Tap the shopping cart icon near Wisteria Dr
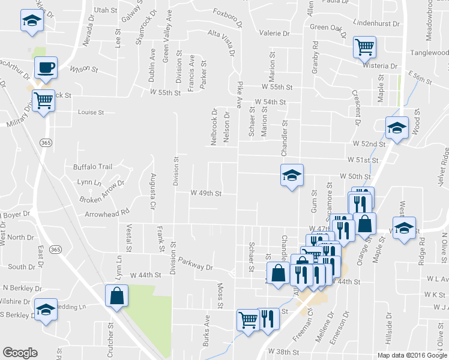tap(364, 47)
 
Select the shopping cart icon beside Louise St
tap(43, 100)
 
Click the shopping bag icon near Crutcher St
tap(116, 295)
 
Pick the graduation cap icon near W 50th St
tap(292, 175)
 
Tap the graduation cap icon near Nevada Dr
tap(30, 20)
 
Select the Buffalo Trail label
tap(93, 167)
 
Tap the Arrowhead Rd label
tap(107, 213)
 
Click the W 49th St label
tap(206, 193)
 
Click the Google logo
tap(20, 353)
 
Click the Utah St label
tap(105, 10)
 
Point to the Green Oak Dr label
tap(328, 27)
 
